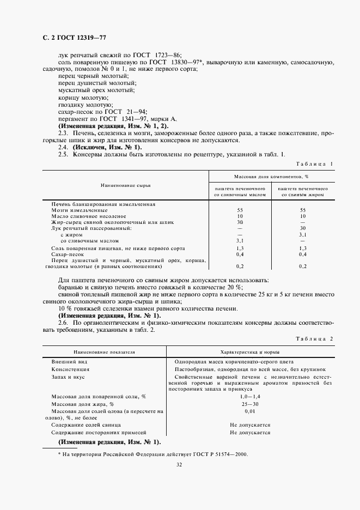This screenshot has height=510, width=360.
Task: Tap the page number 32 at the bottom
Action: (179, 465)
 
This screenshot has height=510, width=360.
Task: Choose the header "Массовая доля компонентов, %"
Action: (271, 177)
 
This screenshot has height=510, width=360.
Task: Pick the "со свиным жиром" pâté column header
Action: (303, 191)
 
